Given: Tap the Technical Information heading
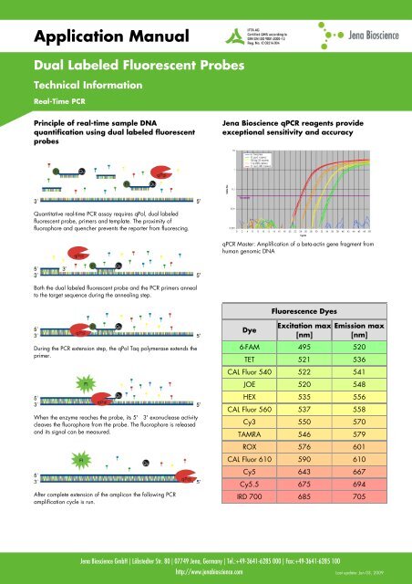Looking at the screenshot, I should pyautogui.click(x=70, y=84).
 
